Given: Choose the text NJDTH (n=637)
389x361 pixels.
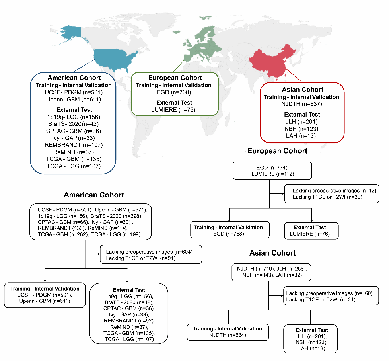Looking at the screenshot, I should (301, 104).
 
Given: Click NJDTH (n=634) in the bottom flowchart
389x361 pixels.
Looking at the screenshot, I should (228, 335).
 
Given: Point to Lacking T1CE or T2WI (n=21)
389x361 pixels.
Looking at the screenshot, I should (314, 299).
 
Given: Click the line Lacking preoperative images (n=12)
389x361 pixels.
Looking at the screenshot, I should (334, 191).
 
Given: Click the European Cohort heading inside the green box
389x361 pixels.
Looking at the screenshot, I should (175, 78).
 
